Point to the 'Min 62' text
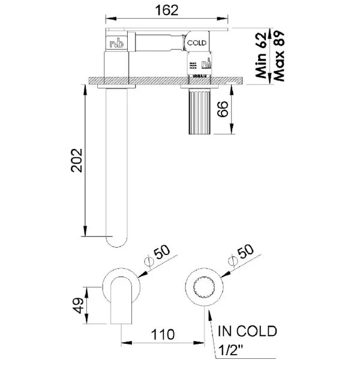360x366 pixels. click(x=261, y=53)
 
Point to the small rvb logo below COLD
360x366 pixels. click(x=207, y=62)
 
